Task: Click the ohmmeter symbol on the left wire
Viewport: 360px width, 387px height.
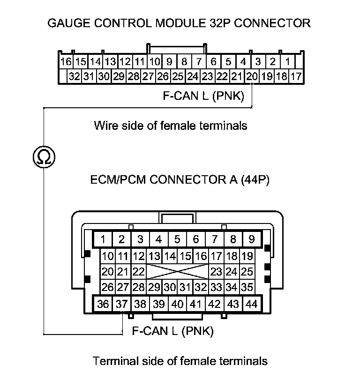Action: [43, 156]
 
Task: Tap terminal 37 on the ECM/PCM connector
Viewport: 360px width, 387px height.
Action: [121, 304]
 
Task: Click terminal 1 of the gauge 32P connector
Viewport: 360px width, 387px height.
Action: [287, 61]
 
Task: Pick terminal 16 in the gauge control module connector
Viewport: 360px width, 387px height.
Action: [66, 61]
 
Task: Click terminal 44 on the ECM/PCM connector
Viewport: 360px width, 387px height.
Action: [251, 304]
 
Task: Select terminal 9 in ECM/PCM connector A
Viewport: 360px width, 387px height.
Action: [251, 239]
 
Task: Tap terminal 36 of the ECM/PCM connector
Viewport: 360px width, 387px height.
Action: [103, 304]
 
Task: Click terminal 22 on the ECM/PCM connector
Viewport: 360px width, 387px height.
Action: [138, 272]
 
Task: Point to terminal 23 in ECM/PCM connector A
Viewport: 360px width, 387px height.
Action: [216, 272]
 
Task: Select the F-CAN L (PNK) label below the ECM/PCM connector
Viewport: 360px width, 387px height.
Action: [173, 332]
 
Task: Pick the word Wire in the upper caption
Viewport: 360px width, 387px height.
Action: [104, 126]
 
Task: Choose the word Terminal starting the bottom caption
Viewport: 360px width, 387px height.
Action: [113, 361]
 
